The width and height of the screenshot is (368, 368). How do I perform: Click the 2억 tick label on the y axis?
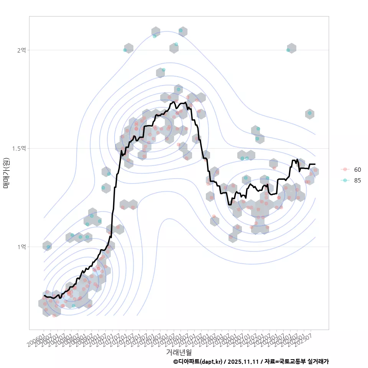tap(21, 50)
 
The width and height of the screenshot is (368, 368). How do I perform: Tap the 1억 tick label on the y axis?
tap(21, 246)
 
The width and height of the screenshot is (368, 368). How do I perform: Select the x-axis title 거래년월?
tap(179, 352)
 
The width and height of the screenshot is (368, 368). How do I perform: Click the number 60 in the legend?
tap(358, 169)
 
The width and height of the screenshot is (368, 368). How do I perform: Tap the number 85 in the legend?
tap(358, 181)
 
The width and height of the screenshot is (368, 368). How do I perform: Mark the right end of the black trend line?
tap(315, 164)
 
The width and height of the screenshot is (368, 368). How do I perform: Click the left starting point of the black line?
tap(44, 296)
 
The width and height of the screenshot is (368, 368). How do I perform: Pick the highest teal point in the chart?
tap(181, 30)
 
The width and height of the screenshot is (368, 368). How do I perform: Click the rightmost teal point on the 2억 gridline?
tap(288, 50)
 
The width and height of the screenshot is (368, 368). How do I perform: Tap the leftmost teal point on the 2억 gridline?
tap(125, 50)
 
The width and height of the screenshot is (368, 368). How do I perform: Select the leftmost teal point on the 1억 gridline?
tap(48, 247)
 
